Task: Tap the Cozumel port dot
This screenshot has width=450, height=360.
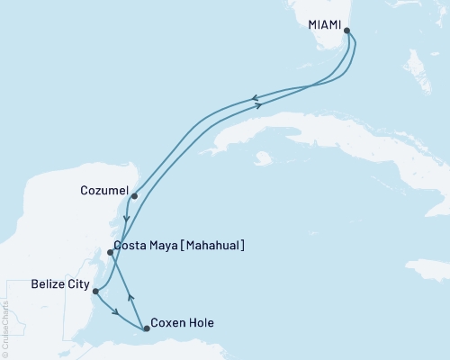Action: click(x=134, y=195)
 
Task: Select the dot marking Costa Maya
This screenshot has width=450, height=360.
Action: click(x=110, y=253)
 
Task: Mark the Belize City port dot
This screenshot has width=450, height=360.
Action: click(x=95, y=291)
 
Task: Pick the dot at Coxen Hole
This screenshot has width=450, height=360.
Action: click(x=146, y=328)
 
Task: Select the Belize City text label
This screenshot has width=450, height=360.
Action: click(x=59, y=285)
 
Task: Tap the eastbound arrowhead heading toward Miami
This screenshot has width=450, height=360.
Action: click(x=258, y=106)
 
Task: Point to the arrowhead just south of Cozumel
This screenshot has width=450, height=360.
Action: click(x=128, y=218)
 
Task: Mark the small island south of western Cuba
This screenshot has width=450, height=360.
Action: click(x=264, y=160)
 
